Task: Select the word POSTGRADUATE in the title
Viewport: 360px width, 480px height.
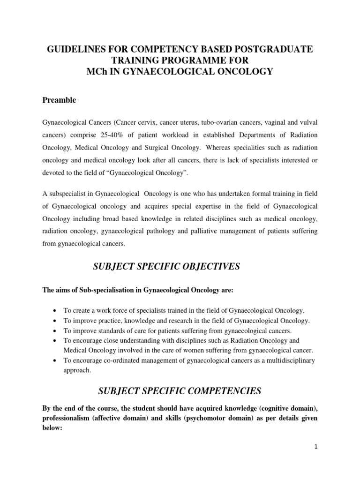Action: (276, 50)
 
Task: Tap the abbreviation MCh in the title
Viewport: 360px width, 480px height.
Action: (102, 71)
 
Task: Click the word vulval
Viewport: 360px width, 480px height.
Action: (307, 122)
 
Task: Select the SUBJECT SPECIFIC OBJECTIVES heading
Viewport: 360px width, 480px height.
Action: (180, 267)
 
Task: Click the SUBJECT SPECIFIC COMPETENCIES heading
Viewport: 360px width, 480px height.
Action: (180, 390)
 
